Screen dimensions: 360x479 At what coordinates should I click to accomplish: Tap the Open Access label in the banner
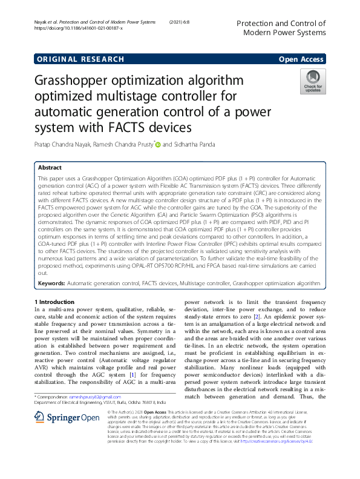(301, 59)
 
